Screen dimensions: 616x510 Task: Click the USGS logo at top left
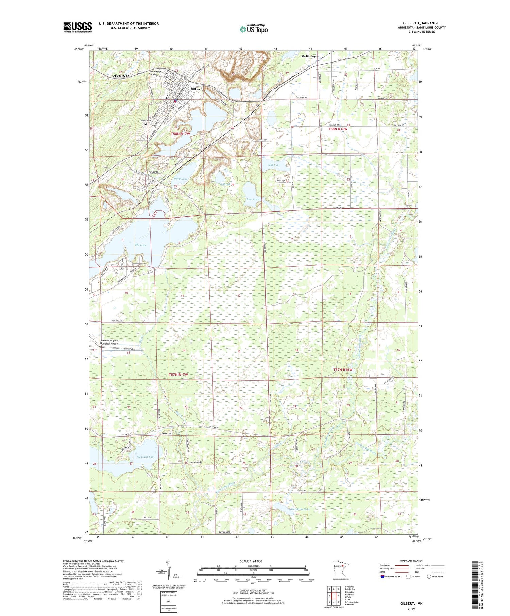78,27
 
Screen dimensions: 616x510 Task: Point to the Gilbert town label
196,89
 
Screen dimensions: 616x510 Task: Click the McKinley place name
308,56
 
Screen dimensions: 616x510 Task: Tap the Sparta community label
153,172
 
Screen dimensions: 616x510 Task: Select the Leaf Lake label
273,165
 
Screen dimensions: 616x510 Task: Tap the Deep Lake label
181,179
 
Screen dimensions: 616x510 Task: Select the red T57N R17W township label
178,375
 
